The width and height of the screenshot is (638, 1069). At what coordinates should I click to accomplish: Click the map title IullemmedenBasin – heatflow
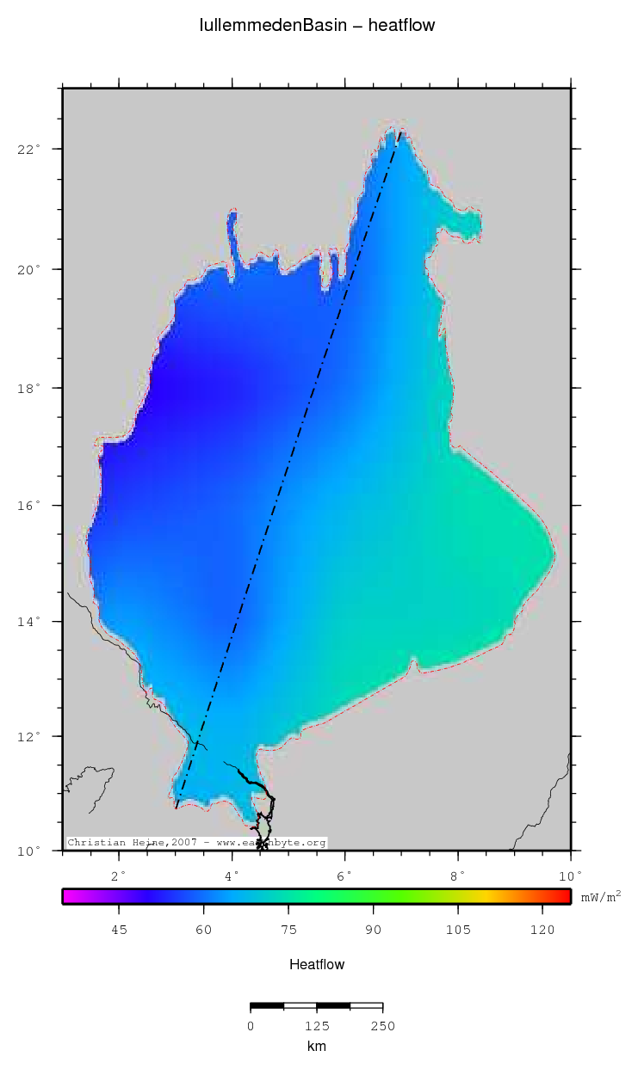click(317, 26)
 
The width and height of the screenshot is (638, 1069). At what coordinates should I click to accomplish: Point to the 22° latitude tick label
click(31, 150)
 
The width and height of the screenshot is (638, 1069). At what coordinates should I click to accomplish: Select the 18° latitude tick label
click(31, 389)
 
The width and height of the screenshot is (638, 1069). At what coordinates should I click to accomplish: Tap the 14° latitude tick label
click(31, 622)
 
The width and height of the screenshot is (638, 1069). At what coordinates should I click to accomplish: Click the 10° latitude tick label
click(31, 851)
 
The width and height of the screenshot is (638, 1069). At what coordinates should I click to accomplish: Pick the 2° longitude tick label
click(119, 875)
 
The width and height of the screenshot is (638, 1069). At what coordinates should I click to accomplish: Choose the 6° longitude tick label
click(344, 875)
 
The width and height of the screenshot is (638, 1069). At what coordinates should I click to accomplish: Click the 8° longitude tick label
click(457, 875)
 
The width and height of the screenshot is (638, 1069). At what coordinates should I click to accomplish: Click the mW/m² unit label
click(600, 896)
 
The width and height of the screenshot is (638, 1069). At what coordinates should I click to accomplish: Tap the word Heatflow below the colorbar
click(317, 965)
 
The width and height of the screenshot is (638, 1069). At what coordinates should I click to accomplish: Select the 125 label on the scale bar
click(317, 1025)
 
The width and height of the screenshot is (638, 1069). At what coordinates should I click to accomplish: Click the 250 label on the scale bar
click(382, 1025)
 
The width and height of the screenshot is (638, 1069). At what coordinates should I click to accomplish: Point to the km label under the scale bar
click(317, 1047)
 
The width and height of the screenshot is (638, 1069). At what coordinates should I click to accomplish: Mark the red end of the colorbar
click(565, 896)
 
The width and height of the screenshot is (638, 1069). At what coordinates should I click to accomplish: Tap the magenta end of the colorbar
click(69, 896)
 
